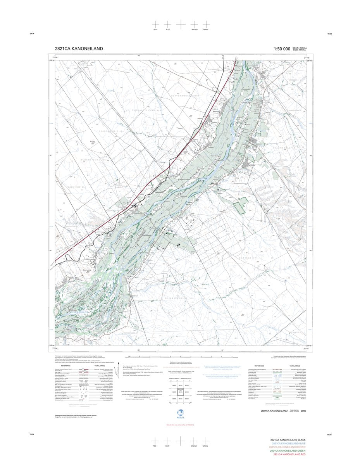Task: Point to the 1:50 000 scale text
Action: (x=282, y=49)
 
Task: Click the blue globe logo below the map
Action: (x=180, y=413)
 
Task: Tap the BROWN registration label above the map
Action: (x=194, y=29)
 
